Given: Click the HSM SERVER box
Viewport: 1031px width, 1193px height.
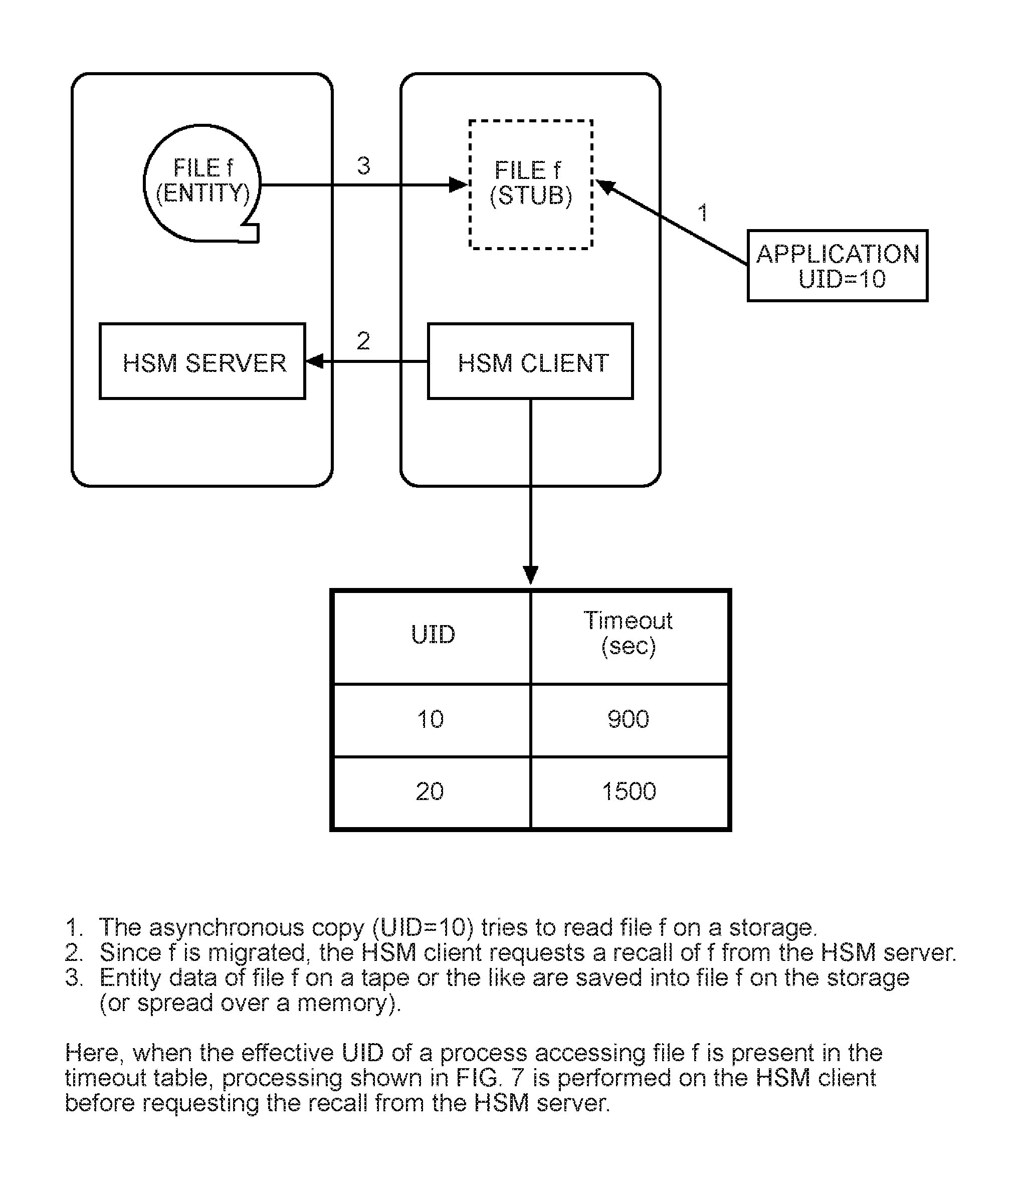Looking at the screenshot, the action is tap(202, 361).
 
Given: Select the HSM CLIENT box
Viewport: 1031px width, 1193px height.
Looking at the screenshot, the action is tap(530, 361).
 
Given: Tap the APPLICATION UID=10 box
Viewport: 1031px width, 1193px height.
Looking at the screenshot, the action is tap(838, 266).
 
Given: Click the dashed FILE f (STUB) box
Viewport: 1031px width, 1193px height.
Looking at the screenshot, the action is tap(531, 184).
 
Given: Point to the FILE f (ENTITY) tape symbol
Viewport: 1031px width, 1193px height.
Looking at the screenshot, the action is tap(202, 183).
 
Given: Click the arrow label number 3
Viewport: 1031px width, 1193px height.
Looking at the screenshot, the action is tap(363, 166).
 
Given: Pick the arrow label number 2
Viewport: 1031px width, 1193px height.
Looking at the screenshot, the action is tap(363, 341).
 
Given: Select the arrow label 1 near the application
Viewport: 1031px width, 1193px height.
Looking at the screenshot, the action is tap(702, 213).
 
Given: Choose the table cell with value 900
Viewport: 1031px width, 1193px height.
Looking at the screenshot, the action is tap(629, 720).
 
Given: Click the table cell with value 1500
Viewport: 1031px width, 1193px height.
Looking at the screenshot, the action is tap(629, 792).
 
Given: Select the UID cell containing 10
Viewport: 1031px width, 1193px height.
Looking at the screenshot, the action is tap(432, 720).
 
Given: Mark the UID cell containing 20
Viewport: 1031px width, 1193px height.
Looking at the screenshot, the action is tap(432, 792).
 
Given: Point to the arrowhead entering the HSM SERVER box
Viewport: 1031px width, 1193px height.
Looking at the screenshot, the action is tap(315, 361).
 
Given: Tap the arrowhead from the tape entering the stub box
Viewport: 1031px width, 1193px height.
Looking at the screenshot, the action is tap(458, 185).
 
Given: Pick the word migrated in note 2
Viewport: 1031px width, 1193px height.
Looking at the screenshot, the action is tap(257, 953).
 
